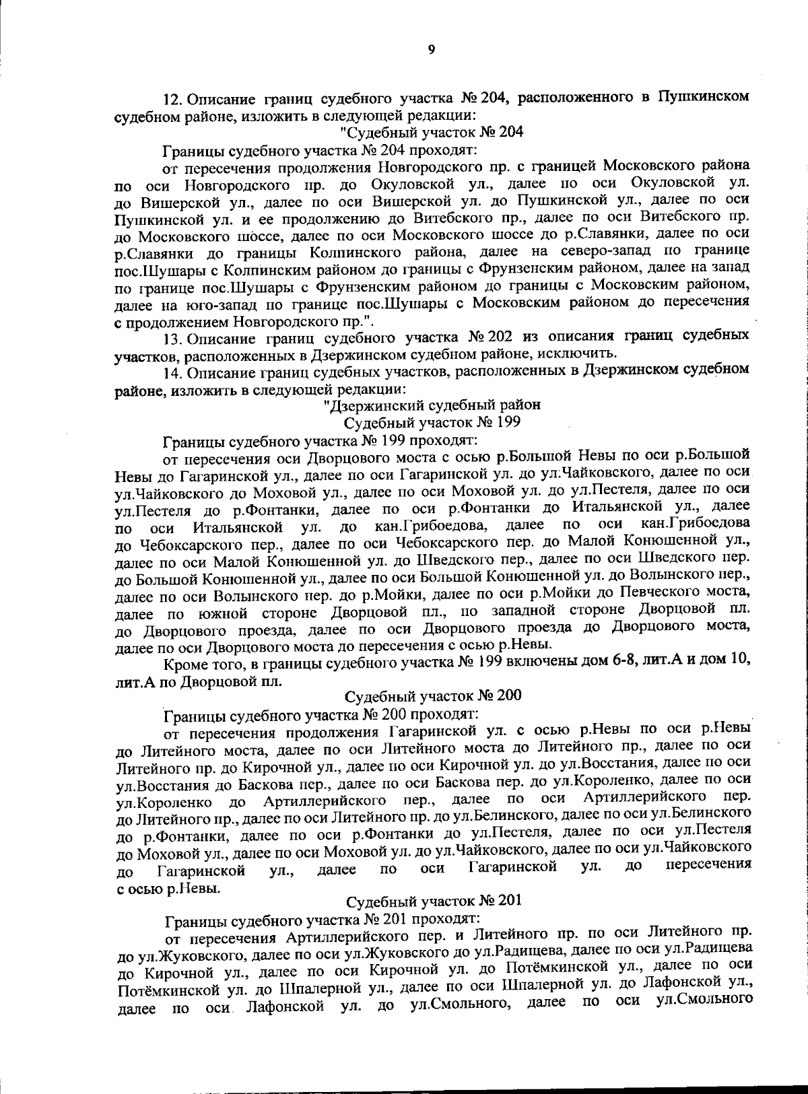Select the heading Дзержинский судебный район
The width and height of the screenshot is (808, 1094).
coord(432,405)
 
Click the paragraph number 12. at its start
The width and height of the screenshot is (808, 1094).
coord(174,98)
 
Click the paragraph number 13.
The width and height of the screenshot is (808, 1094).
coord(174,336)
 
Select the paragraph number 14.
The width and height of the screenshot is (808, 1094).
coord(174,371)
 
